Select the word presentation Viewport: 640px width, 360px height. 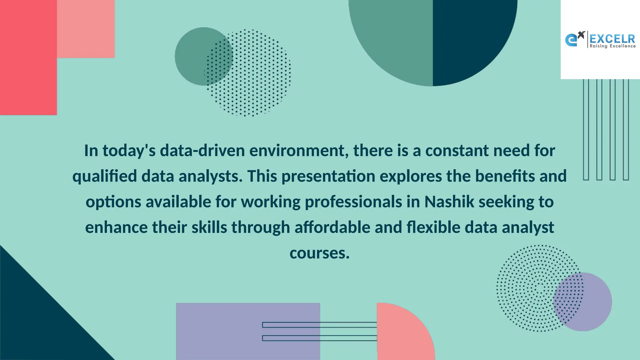tap(328, 176)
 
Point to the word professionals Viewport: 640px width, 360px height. tap(353, 202)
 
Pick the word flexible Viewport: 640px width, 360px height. tap(433, 227)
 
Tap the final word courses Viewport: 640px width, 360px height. tap(319, 253)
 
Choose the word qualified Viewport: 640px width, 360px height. tap(105, 176)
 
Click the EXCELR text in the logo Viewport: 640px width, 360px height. tap(612, 39)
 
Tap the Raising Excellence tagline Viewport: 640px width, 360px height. tap(612, 46)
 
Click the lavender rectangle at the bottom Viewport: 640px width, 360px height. tap(219, 331)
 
